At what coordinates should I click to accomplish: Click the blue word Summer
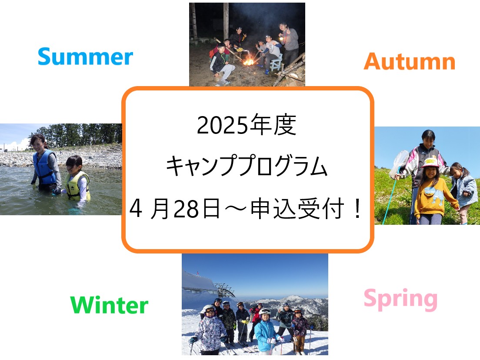[85, 57]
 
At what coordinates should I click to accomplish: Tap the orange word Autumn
[410, 61]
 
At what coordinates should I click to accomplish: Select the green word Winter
[109, 305]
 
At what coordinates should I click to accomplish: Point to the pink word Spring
[400, 299]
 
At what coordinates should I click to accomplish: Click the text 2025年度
[247, 125]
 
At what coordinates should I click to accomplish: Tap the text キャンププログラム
[247, 166]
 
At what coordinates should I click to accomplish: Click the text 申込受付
[297, 209]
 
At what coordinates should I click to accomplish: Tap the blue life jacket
[45, 167]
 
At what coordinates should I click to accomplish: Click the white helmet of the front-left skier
[209, 309]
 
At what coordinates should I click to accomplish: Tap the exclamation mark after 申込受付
[357, 208]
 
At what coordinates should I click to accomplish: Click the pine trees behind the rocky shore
[77, 135]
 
